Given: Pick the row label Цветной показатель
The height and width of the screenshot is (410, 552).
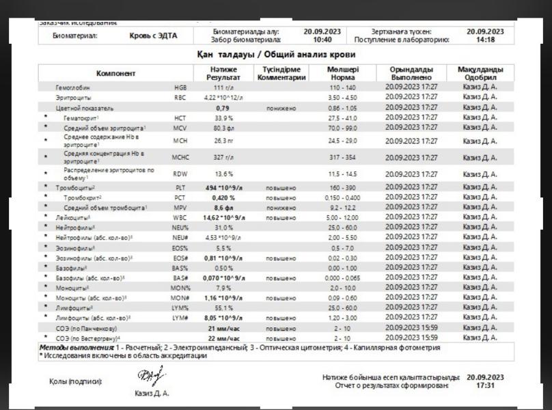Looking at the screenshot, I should point(85,108).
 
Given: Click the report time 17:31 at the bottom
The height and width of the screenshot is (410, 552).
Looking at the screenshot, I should point(486,385).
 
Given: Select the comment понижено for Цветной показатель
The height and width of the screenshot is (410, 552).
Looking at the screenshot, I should point(281,108).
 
